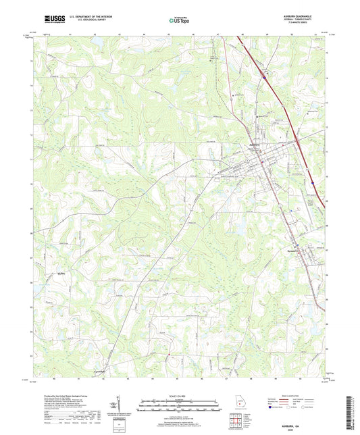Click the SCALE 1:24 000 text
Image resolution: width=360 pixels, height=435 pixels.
pyautogui.click(x=180, y=395)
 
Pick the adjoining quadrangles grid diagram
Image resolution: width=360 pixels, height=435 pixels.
pyautogui.click(x=236, y=423)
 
